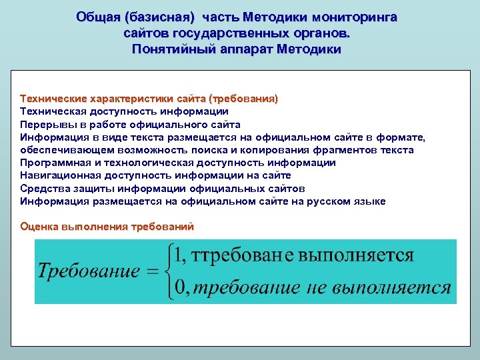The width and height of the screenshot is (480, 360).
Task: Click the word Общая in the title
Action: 98,16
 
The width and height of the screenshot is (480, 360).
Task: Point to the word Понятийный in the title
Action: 169,49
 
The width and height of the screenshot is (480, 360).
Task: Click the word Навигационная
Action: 59,175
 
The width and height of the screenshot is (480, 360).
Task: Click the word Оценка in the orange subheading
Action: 39,227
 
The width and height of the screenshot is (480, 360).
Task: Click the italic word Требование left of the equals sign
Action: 89,271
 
